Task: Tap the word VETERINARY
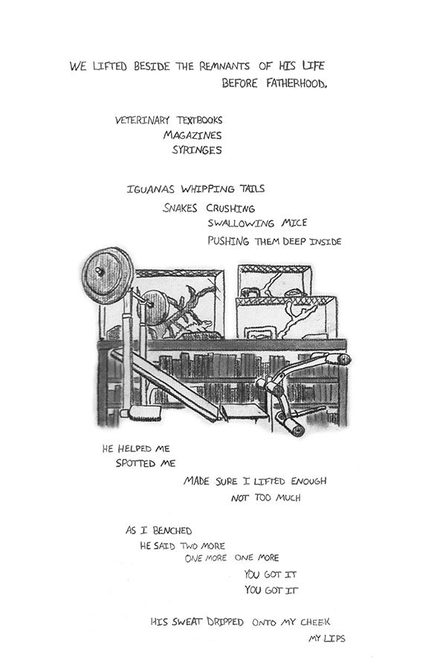[x=141, y=120]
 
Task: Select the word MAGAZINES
[x=193, y=135]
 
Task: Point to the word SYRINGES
[x=196, y=149]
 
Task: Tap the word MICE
[x=293, y=223]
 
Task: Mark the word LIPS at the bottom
[x=333, y=638]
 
